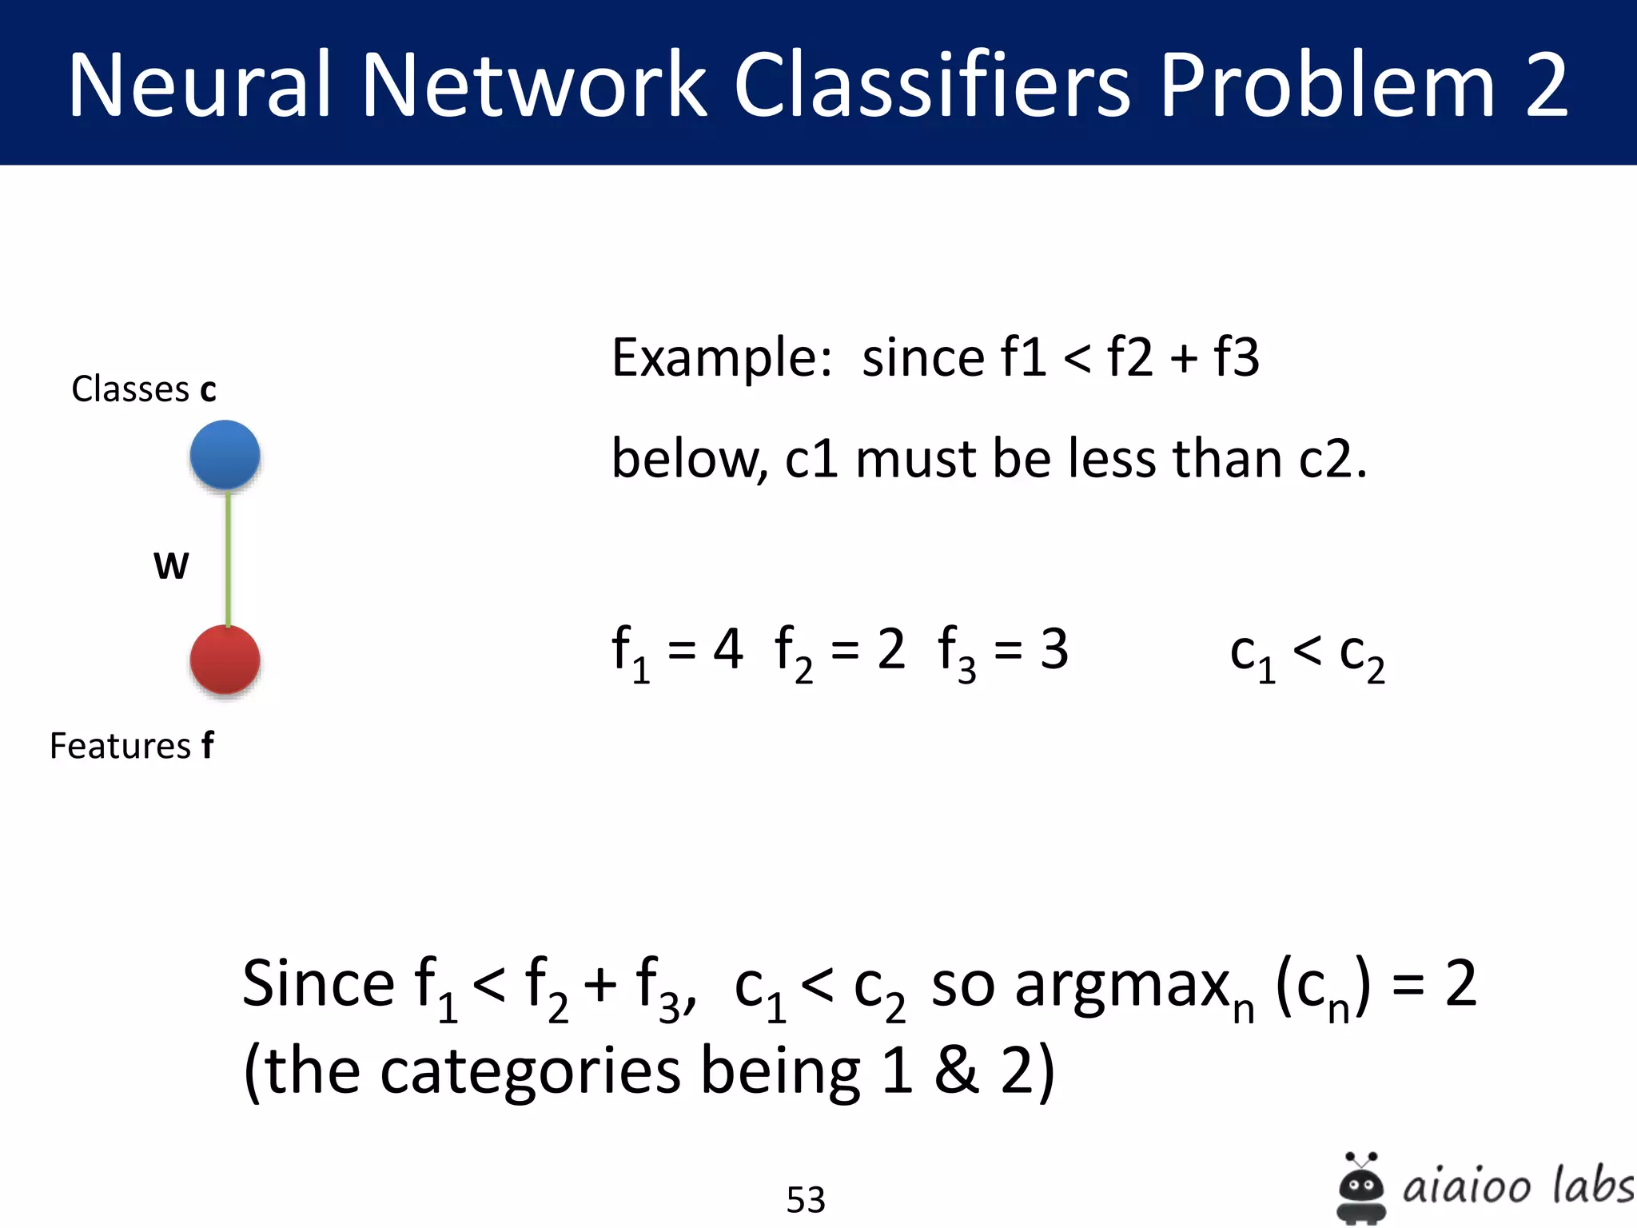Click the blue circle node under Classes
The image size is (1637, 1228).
coord(225,454)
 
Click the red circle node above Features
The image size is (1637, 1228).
coord(225,660)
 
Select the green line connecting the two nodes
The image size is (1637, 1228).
coord(228,560)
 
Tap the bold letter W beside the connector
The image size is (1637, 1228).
coord(171,566)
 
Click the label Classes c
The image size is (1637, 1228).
coord(144,389)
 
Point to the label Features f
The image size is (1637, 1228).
coord(132,746)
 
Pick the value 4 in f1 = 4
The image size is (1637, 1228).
coord(727,649)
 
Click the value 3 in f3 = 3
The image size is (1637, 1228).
coord(1054,649)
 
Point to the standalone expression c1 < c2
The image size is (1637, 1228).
coord(1308,656)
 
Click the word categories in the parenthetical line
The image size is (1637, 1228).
coord(530,1071)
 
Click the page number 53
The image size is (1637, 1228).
coord(806,1199)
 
